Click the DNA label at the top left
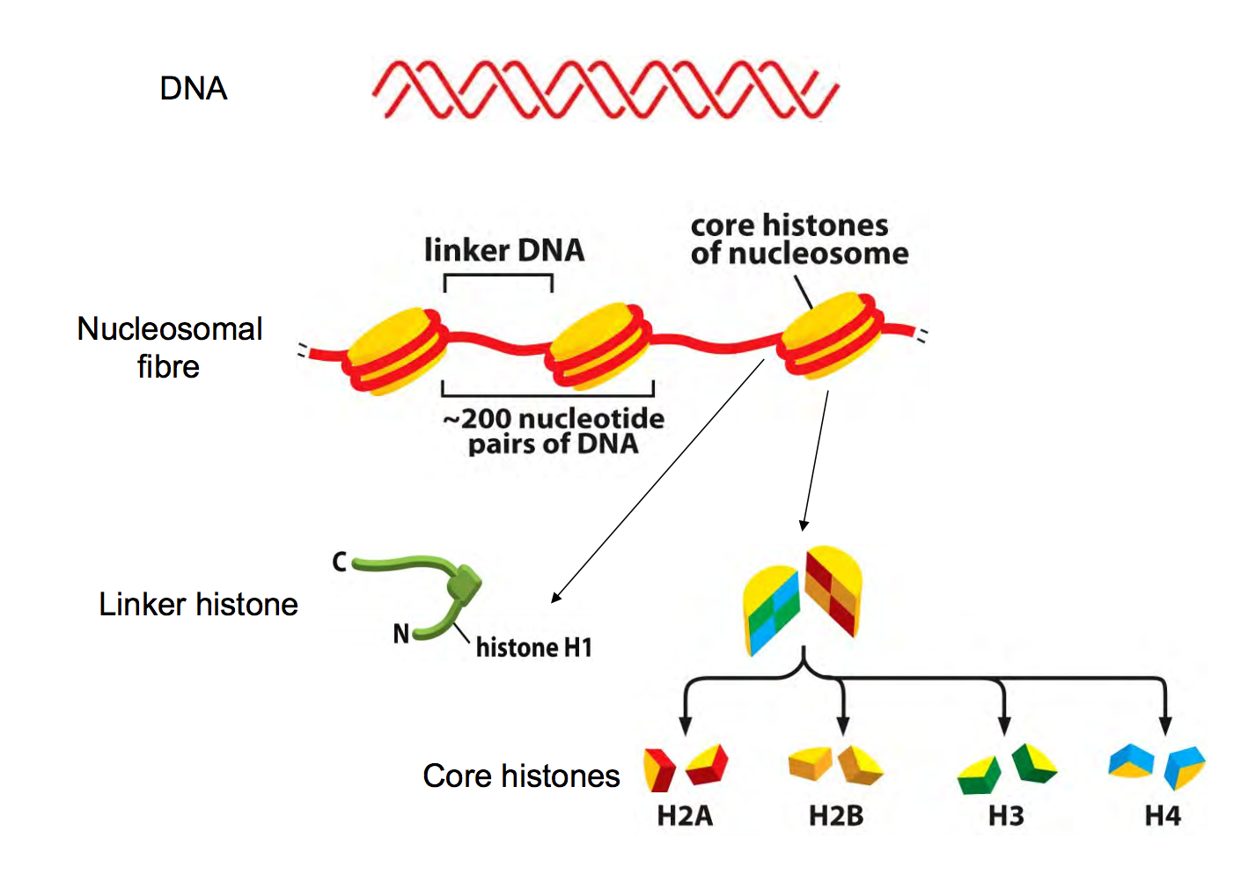tap(194, 89)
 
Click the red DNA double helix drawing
tap(605, 89)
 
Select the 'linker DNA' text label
tap(504, 250)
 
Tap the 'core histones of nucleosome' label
tap(798, 239)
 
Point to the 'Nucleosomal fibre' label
tap(169, 347)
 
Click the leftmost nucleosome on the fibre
tap(394, 351)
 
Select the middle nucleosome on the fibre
tap(598, 346)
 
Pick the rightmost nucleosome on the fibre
tap(830, 335)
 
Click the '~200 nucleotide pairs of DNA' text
tap(554, 430)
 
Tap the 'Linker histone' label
tap(198, 605)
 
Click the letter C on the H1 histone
tap(340, 562)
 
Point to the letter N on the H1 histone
tap(401, 633)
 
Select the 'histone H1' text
tap(534, 648)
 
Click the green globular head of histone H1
tap(463, 580)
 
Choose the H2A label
tap(685, 816)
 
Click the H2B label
tap(836, 816)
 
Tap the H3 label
tap(1006, 816)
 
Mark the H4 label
tap(1163, 816)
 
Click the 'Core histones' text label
tap(521, 776)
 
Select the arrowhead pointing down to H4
tap(1165, 725)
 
